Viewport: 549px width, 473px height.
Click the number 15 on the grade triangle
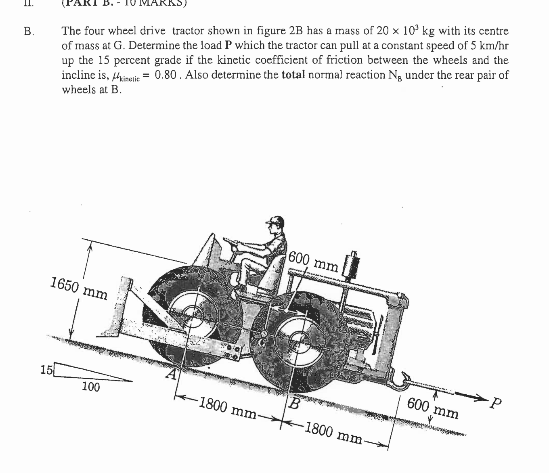click(x=46, y=369)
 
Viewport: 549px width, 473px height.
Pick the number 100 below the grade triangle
click(x=91, y=387)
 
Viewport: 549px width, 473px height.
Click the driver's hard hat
click(x=275, y=221)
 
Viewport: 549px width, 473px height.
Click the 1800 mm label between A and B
click(x=228, y=408)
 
